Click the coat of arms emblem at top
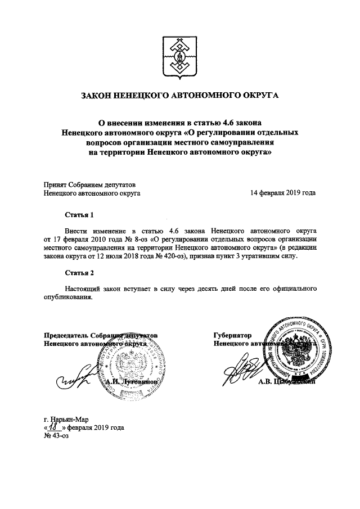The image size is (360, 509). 179,57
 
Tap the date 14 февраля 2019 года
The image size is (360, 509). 283,193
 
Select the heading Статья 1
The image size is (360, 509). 77,215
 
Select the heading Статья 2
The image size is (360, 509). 77,273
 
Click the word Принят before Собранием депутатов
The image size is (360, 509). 55,184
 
